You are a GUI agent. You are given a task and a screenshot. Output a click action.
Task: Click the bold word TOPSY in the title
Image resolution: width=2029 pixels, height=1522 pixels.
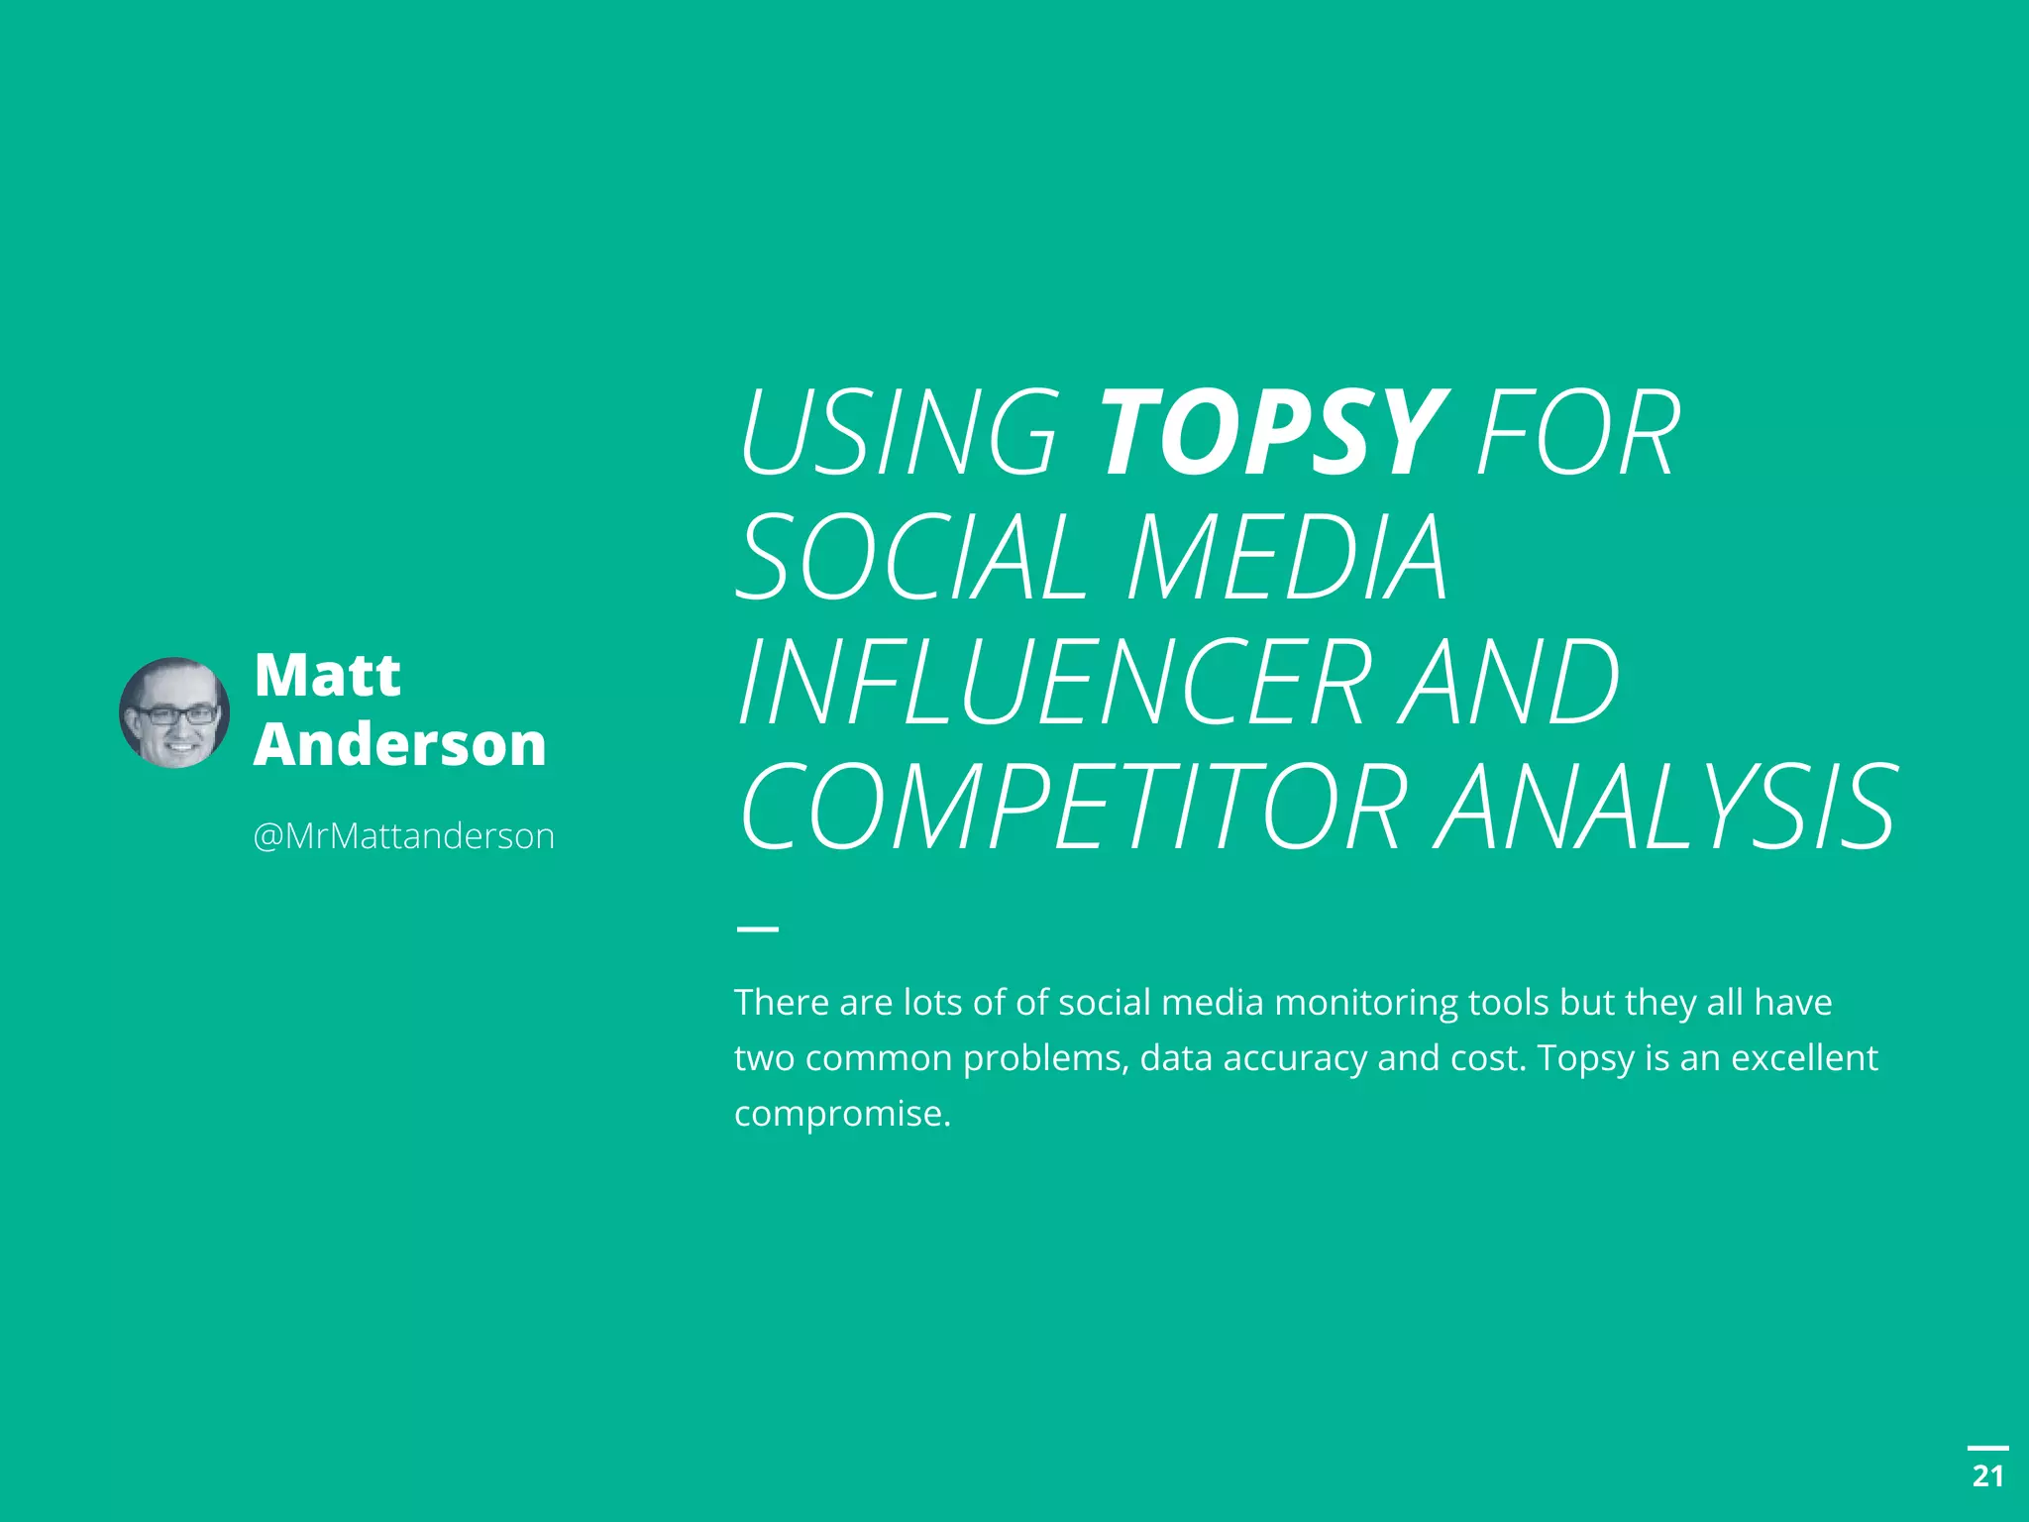[1273, 433]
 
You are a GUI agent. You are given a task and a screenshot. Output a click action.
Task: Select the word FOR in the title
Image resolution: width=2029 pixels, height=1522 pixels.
[1577, 433]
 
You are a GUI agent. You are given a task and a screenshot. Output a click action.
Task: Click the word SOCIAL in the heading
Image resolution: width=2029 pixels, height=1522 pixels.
[911, 557]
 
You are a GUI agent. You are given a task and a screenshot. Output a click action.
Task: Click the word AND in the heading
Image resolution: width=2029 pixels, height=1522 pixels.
[1510, 682]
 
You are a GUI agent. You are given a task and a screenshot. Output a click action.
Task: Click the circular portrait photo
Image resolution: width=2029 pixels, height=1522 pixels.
[174, 712]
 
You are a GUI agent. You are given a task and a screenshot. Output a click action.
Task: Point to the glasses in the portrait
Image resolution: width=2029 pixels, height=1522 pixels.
[176, 714]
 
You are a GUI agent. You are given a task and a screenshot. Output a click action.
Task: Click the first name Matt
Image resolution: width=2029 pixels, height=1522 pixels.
[327, 676]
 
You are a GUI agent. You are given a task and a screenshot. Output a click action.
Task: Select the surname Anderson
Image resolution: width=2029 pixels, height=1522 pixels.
[400, 745]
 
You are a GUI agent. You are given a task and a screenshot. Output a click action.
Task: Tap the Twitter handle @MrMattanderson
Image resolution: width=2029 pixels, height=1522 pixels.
[403, 836]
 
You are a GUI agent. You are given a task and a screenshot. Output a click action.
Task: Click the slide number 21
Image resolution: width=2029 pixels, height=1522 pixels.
[1987, 1476]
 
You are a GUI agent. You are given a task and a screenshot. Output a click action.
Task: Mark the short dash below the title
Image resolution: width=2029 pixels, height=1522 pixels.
[758, 928]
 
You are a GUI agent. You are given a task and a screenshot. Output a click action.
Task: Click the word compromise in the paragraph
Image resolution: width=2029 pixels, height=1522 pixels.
[841, 1114]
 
